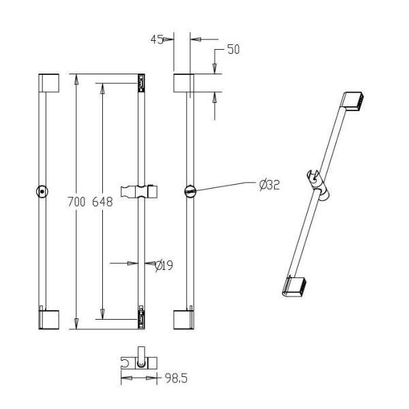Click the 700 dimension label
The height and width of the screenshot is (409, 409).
click(x=76, y=202)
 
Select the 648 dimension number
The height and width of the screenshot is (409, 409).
click(x=102, y=202)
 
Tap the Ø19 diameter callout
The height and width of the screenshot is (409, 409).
click(x=164, y=266)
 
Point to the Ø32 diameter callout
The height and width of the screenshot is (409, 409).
click(x=269, y=185)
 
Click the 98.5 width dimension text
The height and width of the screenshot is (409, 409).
click(x=177, y=378)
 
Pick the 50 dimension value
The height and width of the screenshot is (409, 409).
click(x=233, y=49)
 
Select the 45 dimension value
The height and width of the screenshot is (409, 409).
click(x=157, y=40)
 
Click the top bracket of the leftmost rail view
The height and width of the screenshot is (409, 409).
click(x=49, y=83)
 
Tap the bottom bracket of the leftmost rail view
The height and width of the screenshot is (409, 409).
click(x=49, y=320)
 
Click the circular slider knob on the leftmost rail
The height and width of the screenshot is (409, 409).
click(x=42, y=192)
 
